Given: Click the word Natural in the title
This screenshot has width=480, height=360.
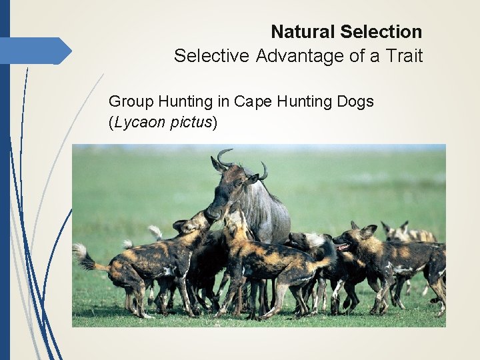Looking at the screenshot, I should click(303, 31).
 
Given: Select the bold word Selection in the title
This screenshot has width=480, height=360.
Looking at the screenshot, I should click(381, 31).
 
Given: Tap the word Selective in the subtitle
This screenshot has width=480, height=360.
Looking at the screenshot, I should click(211, 56).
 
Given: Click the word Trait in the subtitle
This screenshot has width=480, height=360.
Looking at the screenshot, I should click(403, 56).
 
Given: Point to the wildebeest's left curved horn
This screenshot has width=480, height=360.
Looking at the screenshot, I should click(223, 157).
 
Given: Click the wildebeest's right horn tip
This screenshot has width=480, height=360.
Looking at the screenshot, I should click(265, 172).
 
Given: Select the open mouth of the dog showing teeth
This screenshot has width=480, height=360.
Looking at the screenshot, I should click(343, 247).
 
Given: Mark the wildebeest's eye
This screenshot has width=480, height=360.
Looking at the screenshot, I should click(237, 183).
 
